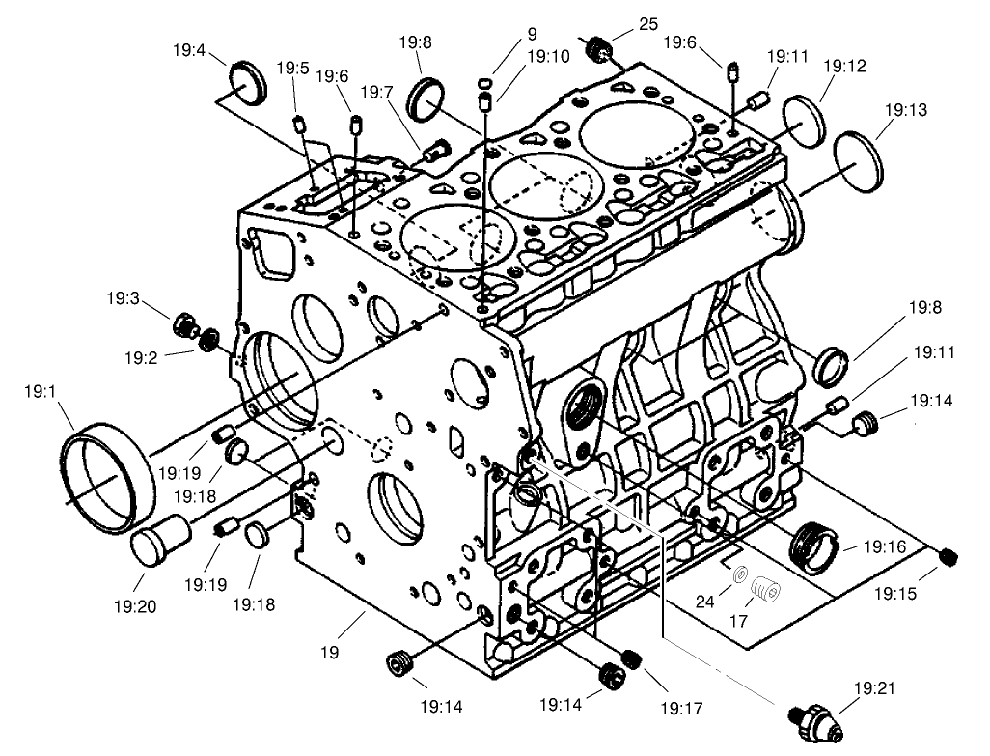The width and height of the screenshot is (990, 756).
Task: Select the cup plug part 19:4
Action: click(249, 81)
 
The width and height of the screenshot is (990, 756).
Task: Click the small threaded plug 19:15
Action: click(949, 557)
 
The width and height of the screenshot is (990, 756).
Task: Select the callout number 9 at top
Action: click(531, 34)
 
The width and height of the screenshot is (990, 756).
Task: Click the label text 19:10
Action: click(548, 57)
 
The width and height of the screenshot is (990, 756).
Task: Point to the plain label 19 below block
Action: click(330, 653)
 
